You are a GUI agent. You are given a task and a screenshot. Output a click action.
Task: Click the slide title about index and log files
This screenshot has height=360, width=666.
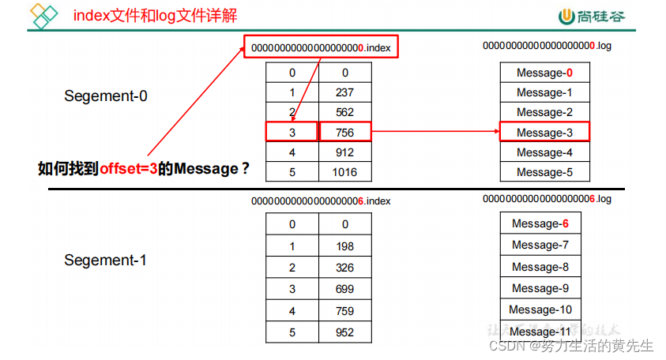coord(155,15)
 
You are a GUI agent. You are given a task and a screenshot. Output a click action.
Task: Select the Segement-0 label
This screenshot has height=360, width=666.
coord(106,96)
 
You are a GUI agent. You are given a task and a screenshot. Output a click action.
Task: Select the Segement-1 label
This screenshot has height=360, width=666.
coord(106,260)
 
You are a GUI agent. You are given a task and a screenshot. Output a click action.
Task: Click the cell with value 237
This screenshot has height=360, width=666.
coord(344,92)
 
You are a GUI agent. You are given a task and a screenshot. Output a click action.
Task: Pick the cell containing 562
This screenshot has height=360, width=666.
coord(344,112)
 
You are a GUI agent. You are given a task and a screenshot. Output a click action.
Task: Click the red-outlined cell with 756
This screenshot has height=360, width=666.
coord(344,132)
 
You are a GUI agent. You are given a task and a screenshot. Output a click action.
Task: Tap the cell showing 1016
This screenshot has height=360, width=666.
coord(344,172)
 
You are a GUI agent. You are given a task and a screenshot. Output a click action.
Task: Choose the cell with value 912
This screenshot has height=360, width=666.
coord(344,152)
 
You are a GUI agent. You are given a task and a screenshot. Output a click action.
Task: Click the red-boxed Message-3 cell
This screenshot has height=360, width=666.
coord(544,132)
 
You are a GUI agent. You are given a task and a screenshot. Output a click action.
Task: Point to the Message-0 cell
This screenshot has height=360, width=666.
coord(544,73)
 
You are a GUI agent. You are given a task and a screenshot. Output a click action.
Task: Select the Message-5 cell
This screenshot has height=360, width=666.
coord(544,172)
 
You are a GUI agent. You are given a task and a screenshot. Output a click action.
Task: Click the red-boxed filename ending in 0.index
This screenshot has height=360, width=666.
coord(321,48)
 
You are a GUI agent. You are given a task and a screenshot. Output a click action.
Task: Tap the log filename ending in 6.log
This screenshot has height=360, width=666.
coord(547,199)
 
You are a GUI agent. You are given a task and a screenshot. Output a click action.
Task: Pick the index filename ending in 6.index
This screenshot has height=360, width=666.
coord(321,201)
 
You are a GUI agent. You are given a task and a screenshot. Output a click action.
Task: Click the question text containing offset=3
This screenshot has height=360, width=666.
coord(145,168)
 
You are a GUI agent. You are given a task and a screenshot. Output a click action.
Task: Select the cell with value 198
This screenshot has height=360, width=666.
coord(344,246)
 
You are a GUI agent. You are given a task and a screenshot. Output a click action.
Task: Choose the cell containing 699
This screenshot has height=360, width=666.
coord(344,289)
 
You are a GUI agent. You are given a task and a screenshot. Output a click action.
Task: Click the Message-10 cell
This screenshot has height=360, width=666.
coord(540,309)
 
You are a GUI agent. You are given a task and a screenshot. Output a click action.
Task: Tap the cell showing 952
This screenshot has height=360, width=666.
coord(344,332)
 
